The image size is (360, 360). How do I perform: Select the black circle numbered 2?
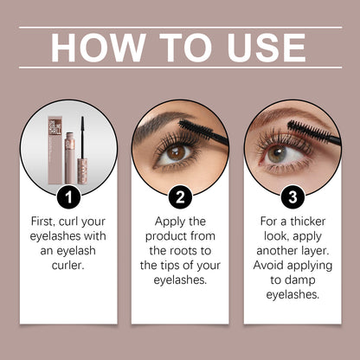pos(179,196)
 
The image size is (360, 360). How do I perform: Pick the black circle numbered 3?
pos(292,196)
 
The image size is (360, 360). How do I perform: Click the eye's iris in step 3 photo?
pos(278,154)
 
